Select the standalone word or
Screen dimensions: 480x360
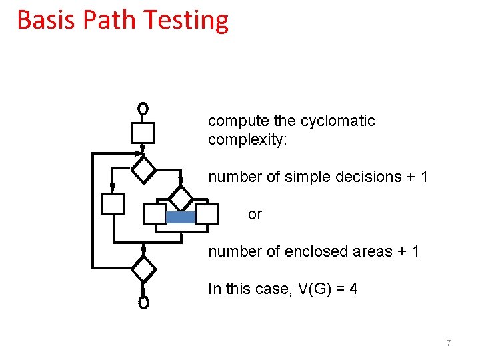pos(255,214)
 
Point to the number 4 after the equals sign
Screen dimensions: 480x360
pos(353,289)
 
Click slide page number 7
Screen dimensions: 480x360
pos(449,343)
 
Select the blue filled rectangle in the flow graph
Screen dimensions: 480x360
pos(180,217)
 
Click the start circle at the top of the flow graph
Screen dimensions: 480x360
pos(142,108)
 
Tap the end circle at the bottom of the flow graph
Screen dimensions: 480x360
pos(143,303)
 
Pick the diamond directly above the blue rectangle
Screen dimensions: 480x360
pos(180,197)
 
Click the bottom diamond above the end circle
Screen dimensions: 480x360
pos(143,269)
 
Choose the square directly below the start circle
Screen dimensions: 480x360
pos(142,133)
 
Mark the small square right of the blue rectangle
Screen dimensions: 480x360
pos(207,214)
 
